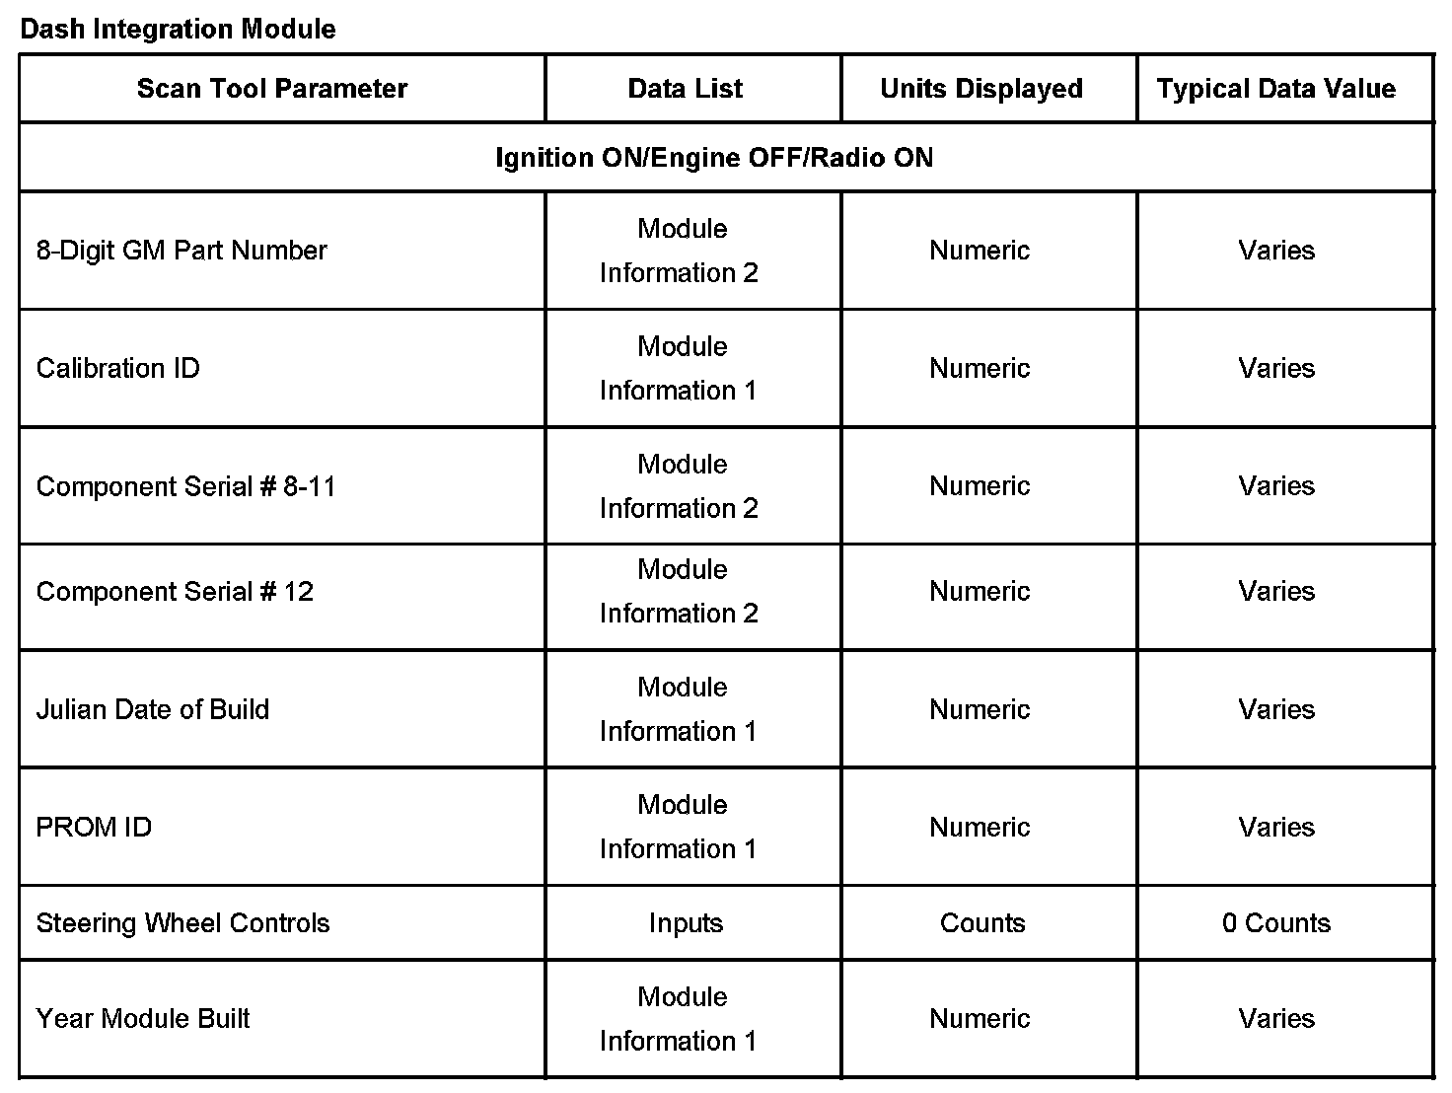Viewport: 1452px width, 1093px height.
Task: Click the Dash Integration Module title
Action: [x=178, y=29]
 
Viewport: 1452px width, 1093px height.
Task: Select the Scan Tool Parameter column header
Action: [x=271, y=89]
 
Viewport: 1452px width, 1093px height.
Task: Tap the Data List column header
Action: [x=686, y=89]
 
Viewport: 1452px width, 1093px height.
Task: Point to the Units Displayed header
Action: [x=981, y=89]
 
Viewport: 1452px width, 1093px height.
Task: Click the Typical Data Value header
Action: [x=1276, y=89]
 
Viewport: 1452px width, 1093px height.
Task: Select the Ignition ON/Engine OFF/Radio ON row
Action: [x=714, y=158]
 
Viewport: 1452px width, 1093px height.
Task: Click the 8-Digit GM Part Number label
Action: [x=181, y=251]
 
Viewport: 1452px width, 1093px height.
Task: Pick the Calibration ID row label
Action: [x=117, y=369]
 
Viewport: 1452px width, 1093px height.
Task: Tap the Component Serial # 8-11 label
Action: [x=185, y=486]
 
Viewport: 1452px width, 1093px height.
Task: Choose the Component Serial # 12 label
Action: [x=175, y=592]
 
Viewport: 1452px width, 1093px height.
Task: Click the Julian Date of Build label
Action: [x=153, y=710]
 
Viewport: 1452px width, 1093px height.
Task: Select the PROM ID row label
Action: [x=94, y=828]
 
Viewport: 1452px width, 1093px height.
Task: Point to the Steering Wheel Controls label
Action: [x=182, y=923]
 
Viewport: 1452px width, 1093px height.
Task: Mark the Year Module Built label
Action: [x=143, y=1019]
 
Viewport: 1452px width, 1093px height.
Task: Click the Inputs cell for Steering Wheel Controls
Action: [x=686, y=923]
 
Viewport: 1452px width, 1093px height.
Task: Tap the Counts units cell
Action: [x=982, y=923]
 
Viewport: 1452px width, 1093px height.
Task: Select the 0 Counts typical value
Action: [x=1276, y=923]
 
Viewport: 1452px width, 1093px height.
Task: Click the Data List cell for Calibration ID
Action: [x=680, y=369]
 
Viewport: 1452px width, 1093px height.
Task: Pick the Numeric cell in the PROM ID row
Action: [x=980, y=828]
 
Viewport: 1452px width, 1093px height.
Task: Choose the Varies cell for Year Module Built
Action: [x=1276, y=1019]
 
